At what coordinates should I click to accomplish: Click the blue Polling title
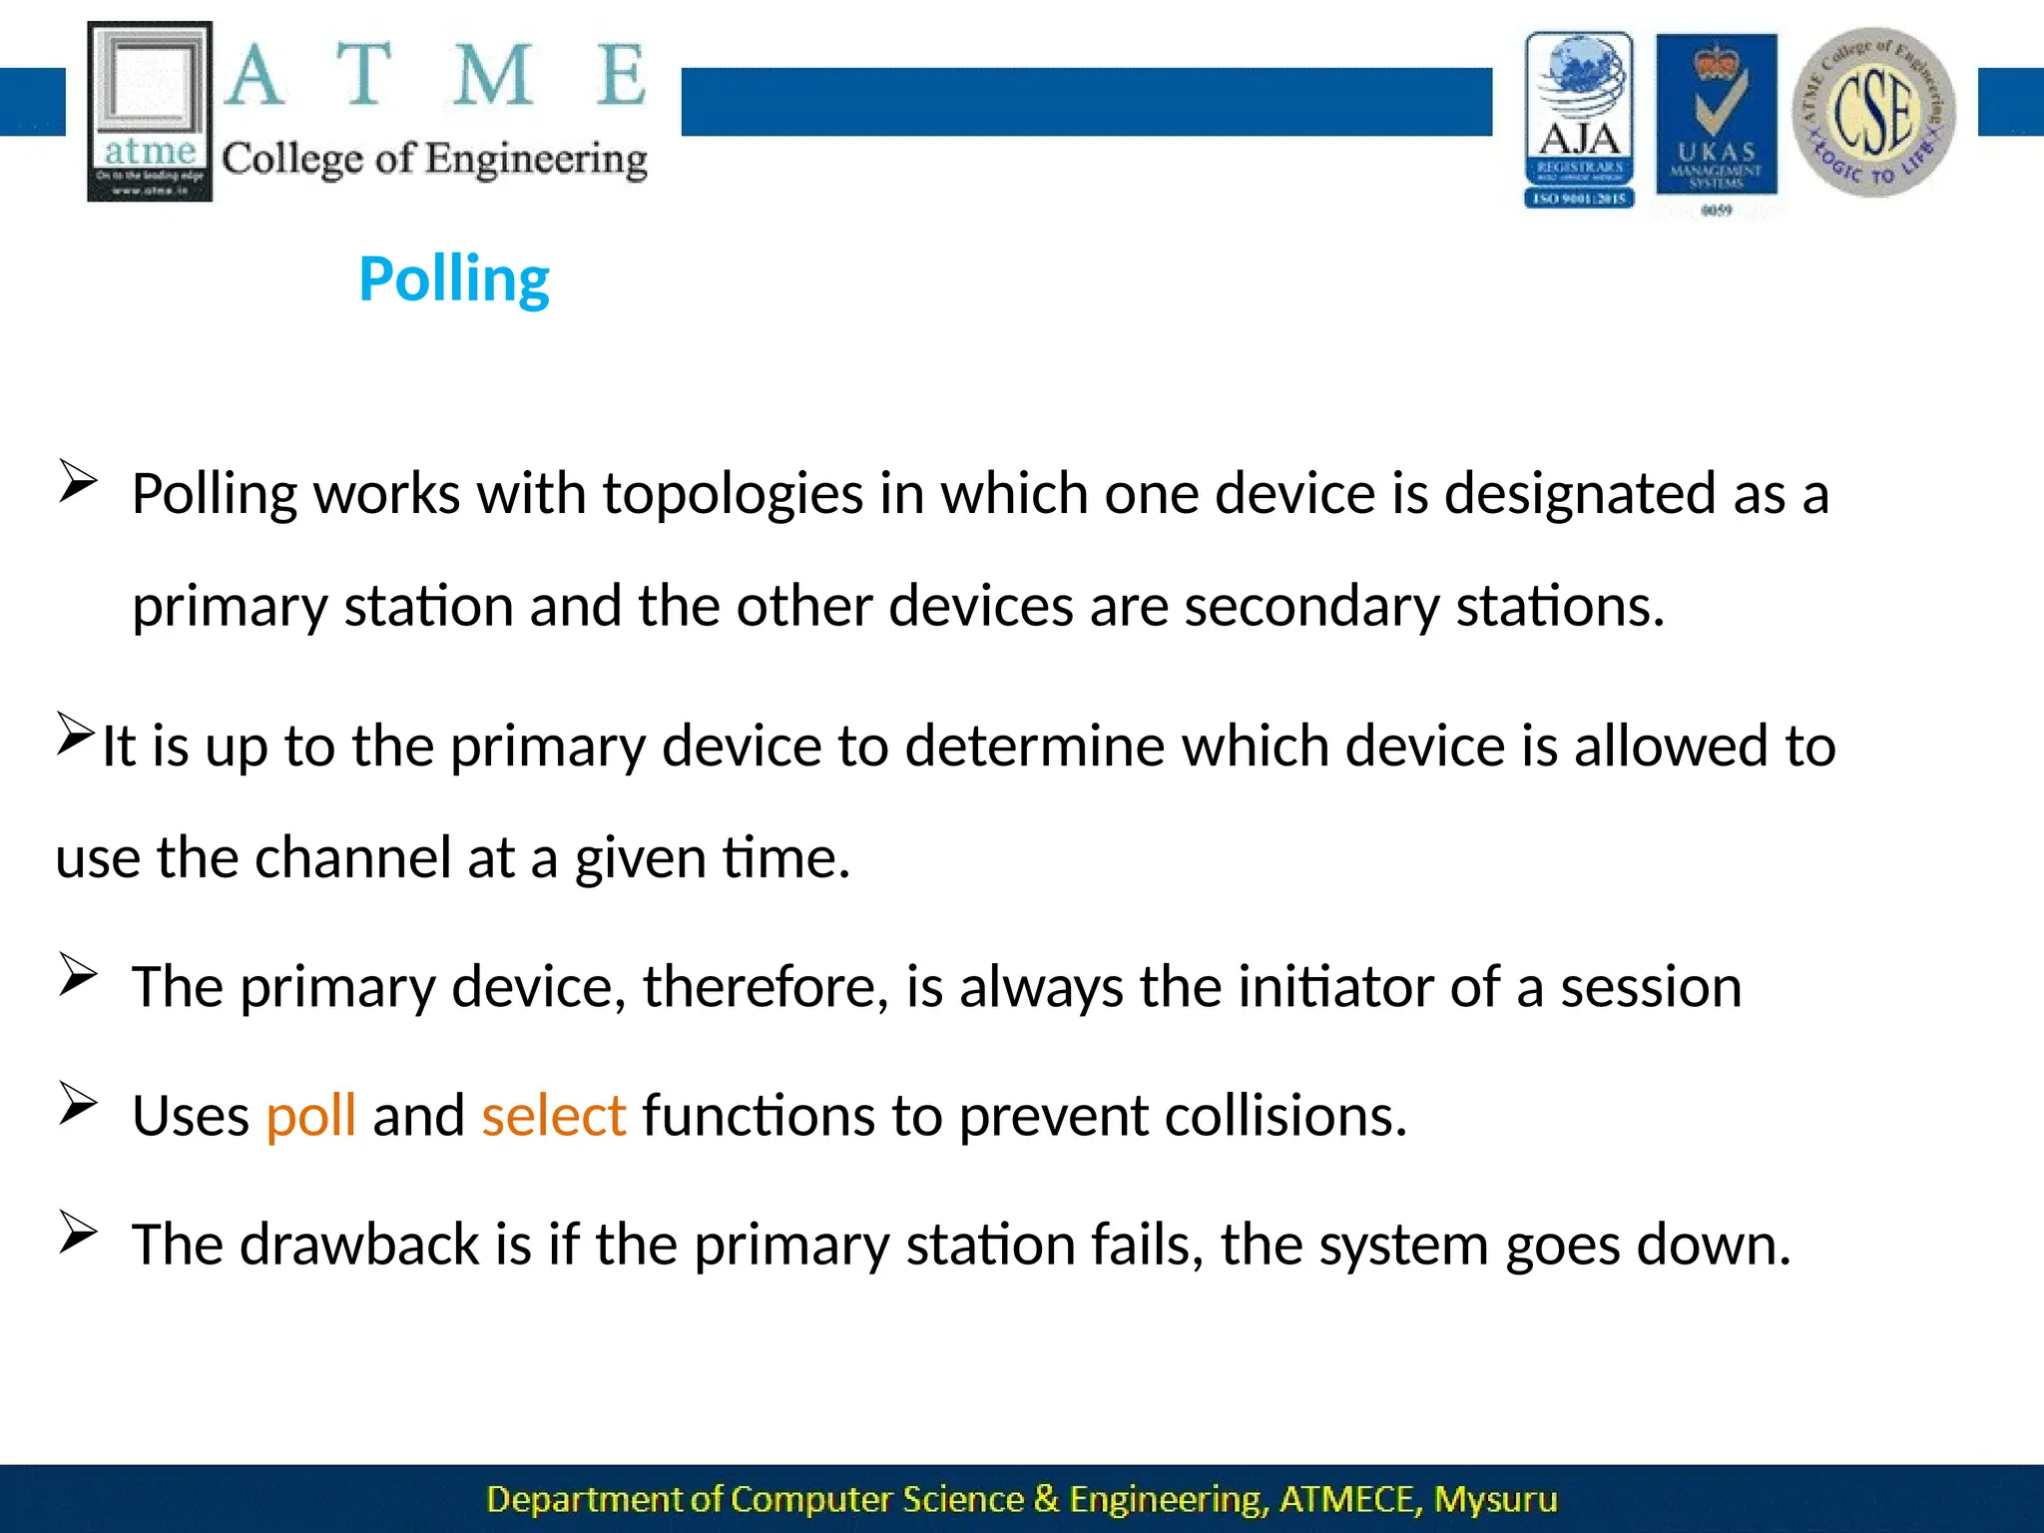454,279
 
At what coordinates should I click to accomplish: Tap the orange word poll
310,1116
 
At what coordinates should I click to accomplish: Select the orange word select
553,1116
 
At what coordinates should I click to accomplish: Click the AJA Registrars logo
1579,120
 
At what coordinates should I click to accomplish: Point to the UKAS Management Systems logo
1716,120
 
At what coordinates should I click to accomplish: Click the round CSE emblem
1873,112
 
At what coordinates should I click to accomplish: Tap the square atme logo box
150,112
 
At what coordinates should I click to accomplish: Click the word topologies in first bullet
733,495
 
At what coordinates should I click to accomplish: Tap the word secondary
1311,607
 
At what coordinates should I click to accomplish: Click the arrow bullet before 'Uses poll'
77,1103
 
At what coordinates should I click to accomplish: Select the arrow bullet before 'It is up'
75,734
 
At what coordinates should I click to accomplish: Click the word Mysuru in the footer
1495,1499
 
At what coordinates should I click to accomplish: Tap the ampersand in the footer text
1045,1499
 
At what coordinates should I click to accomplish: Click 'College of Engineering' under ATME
434,160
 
